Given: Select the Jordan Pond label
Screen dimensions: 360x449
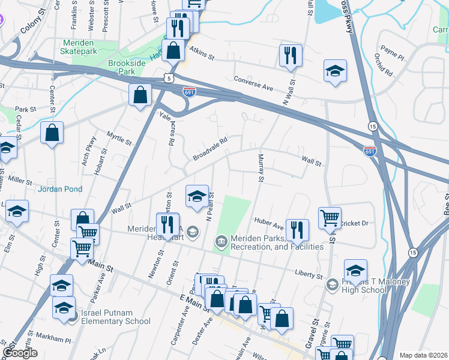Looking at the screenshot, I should click(58, 189).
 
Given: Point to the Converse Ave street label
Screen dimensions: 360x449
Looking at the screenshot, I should click(253, 83).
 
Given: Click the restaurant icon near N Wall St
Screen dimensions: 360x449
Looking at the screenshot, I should click(291, 56).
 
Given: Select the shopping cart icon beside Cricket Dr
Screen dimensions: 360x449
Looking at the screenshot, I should click(330, 217).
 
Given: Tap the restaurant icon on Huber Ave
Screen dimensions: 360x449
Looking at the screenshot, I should click(297, 229).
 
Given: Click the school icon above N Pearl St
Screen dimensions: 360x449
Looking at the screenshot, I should click(196, 196).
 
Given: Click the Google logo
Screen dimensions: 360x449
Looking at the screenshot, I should click(20, 353).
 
